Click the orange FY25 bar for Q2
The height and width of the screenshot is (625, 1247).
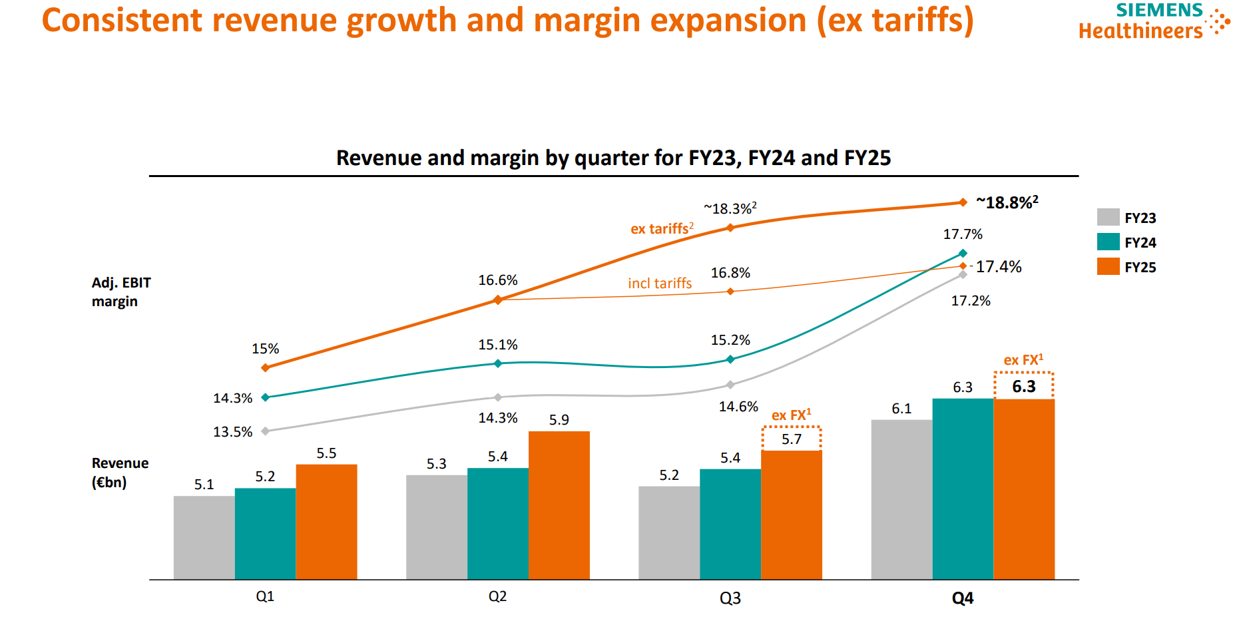(559, 505)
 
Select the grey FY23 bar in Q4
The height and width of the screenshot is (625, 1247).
(901, 499)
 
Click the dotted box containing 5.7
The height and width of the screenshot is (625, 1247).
(791, 439)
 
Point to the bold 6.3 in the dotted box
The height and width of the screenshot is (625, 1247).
(1023, 387)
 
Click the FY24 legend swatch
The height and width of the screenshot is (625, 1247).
(1108, 242)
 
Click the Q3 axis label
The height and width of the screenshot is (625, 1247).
(730, 598)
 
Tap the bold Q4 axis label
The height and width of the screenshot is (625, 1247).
(962, 598)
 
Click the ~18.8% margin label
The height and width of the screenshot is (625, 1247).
(1007, 202)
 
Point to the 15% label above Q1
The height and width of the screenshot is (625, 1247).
(265, 349)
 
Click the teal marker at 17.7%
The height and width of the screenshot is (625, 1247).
(963, 253)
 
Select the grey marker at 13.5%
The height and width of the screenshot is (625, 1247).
(266, 431)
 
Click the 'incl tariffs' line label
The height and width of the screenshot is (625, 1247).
(659, 284)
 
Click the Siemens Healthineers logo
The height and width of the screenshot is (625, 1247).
(1153, 21)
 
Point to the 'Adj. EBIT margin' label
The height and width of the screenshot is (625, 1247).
(121, 292)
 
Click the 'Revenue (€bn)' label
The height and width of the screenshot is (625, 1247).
(120, 473)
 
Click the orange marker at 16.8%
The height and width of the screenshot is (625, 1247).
(730, 292)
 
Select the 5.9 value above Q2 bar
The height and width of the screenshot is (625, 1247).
(559, 420)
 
